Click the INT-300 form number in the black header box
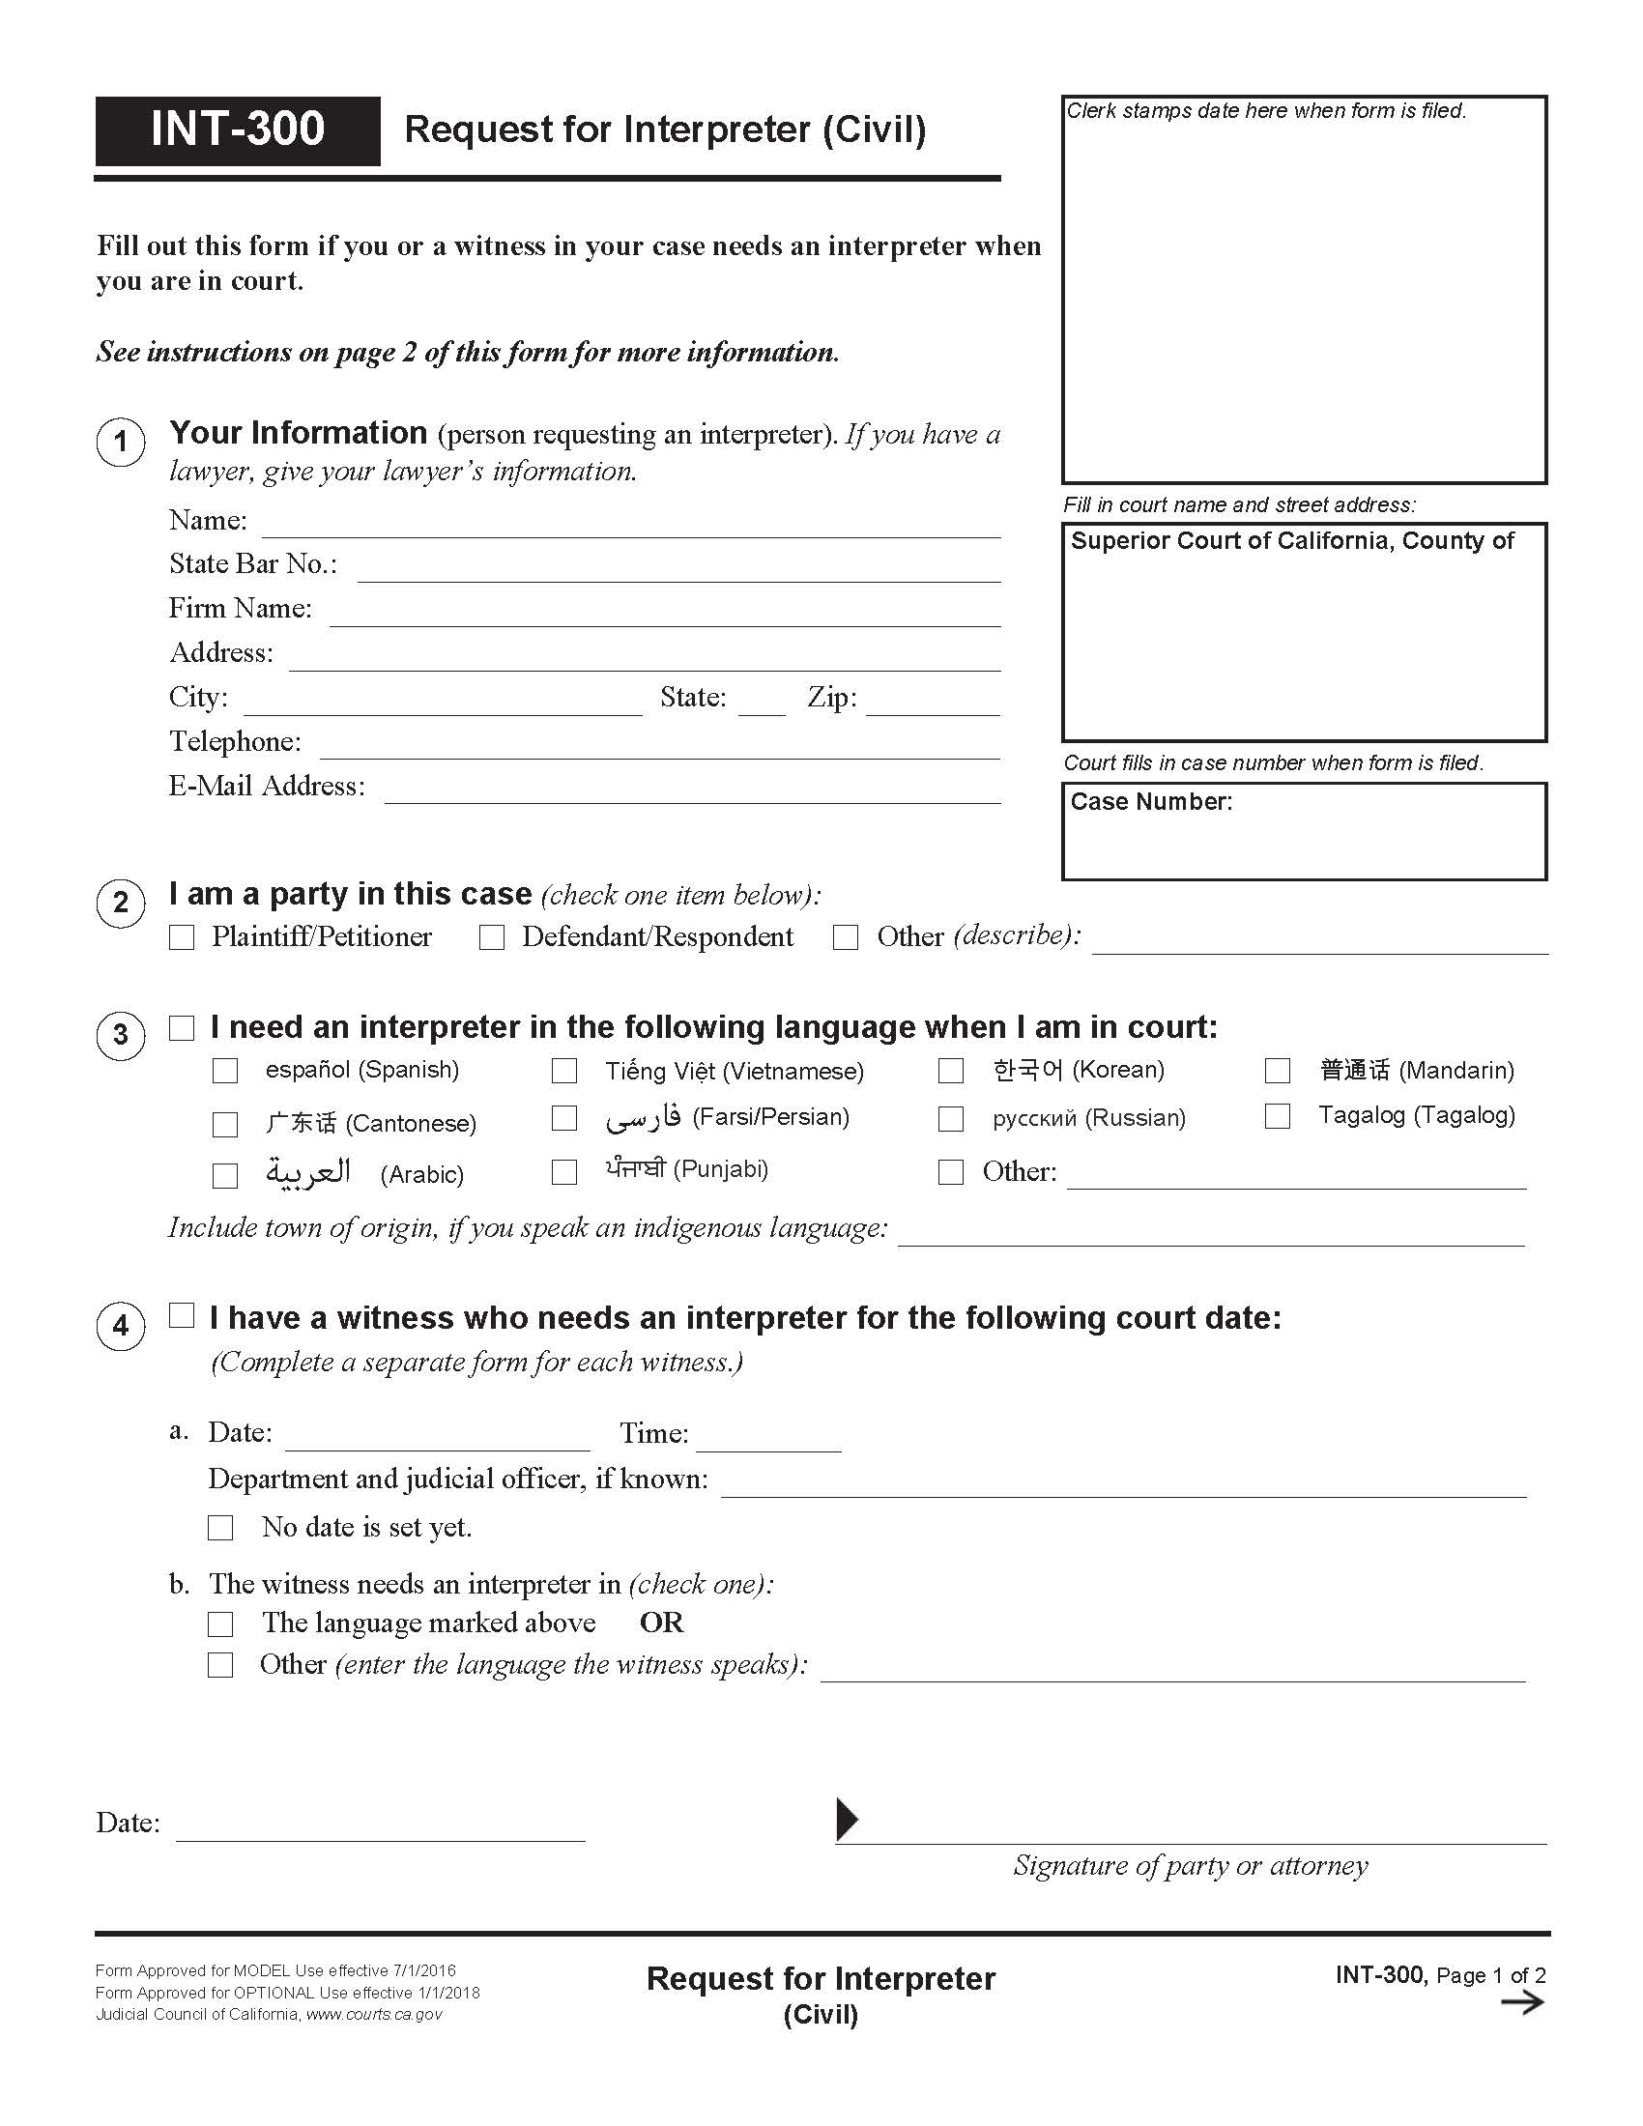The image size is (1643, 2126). (238, 129)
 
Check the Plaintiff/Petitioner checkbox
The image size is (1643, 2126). (182, 937)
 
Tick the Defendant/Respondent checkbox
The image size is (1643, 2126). (492, 937)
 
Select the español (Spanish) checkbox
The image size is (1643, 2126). (225, 1071)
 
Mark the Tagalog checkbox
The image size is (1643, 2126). (1277, 1115)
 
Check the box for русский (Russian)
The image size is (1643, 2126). (950, 1118)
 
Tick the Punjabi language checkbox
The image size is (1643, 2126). (564, 1171)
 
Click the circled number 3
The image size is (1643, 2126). (121, 1034)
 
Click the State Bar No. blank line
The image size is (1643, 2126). (678, 571)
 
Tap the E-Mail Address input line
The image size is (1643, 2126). (692, 792)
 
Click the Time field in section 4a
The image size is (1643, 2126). (768, 1439)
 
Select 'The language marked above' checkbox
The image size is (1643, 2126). (221, 1623)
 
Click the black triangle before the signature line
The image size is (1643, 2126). (847, 1820)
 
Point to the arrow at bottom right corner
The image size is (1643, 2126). (1521, 2002)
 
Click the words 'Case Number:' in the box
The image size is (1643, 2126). (1150, 801)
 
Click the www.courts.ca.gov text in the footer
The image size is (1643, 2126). (374, 2014)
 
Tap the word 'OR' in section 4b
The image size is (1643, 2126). (661, 1623)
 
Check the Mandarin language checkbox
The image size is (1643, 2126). (1277, 1071)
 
